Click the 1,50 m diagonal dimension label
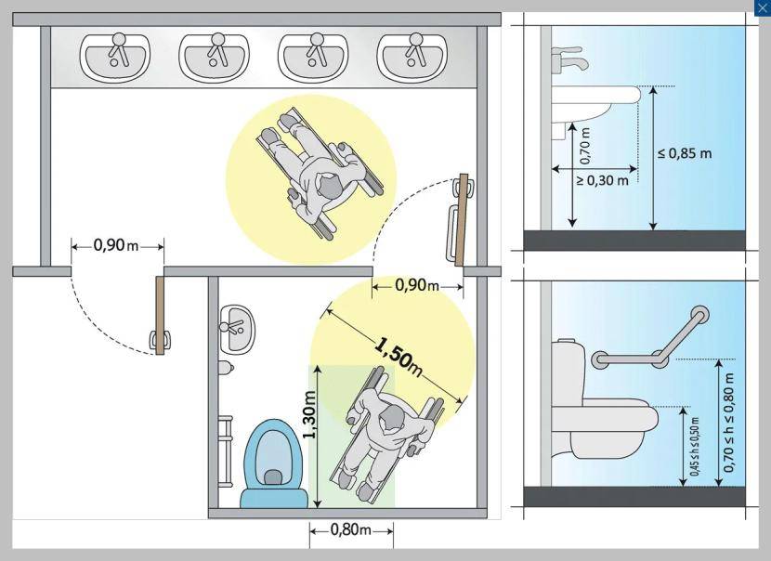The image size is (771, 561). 398,357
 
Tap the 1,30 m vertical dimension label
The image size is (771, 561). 309,415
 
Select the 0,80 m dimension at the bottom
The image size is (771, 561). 352,530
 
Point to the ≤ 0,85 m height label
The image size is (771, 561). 685,153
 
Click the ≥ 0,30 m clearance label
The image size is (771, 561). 602,181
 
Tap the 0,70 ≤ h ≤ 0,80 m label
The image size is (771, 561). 729,423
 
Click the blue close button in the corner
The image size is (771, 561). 762,7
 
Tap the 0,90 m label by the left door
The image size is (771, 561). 116,246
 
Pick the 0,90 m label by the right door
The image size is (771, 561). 417,286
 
